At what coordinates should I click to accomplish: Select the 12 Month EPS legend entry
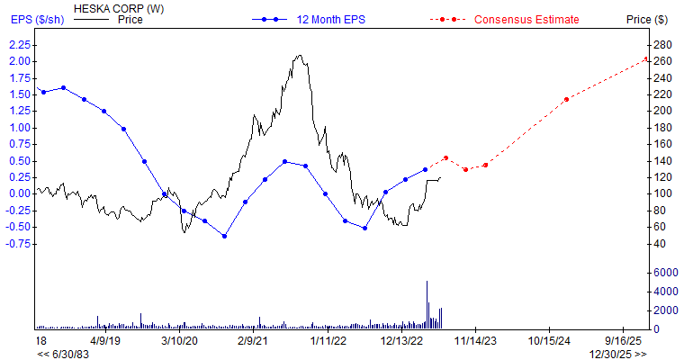(x=331, y=19)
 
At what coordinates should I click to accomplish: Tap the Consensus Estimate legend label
(x=526, y=19)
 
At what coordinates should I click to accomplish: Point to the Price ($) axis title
(x=648, y=19)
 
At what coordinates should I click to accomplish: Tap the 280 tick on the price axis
(x=664, y=44)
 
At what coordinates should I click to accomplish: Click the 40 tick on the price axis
(x=661, y=243)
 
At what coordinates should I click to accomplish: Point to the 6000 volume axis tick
(x=667, y=272)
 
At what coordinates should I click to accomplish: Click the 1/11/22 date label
(x=328, y=341)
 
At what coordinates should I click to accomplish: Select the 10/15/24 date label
(x=551, y=341)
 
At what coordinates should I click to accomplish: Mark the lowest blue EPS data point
(x=224, y=236)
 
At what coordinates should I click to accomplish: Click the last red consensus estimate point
(x=646, y=59)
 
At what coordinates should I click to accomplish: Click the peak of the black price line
(x=299, y=56)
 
